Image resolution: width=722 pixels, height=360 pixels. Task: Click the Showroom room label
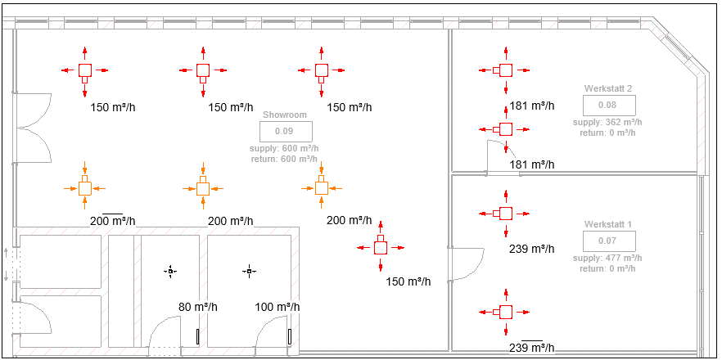[285, 115]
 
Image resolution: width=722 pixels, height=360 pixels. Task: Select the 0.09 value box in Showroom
[284, 131]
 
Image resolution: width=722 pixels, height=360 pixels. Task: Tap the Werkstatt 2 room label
[608, 88]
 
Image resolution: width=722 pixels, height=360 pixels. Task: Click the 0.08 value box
[607, 105]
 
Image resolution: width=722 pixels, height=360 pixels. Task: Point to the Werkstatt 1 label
[608, 224]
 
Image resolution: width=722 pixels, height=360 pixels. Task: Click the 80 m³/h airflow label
[198, 307]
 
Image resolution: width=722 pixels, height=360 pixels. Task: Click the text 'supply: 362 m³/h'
[608, 122]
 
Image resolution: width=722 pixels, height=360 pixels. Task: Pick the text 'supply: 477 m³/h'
[608, 258]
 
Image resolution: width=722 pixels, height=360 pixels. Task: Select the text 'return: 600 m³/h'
[285, 158]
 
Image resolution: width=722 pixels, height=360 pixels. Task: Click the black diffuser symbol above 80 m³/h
[170, 270]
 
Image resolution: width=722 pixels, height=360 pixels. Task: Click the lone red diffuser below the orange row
[380, 247]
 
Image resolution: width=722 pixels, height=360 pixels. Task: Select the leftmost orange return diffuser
[84, 188]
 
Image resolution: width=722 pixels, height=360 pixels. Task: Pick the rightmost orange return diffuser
[322, 188]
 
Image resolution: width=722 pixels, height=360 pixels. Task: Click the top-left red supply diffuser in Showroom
[84, 71]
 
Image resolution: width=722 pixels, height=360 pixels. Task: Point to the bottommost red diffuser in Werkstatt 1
[505, 312]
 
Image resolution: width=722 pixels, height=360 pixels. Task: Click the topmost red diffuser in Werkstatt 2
[505, 71]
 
